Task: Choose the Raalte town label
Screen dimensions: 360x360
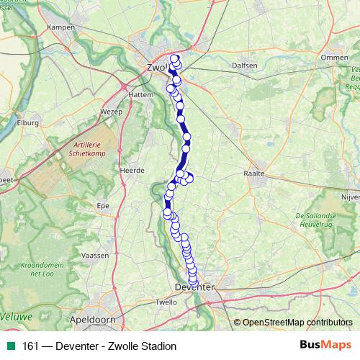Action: click(x=256, y=174)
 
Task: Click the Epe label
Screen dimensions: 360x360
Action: click(x=102, y=206)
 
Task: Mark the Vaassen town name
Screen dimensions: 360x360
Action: click(x=96, y=256)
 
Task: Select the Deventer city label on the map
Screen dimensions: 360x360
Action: click(x=195, y=288)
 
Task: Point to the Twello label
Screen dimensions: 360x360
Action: click(x=166, y=303)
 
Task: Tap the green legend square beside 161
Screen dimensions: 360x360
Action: click(x=9, y=346)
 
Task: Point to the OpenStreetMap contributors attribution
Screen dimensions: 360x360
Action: click(x=297, y=323)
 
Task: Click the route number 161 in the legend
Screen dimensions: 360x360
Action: click(x=30, y=346)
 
